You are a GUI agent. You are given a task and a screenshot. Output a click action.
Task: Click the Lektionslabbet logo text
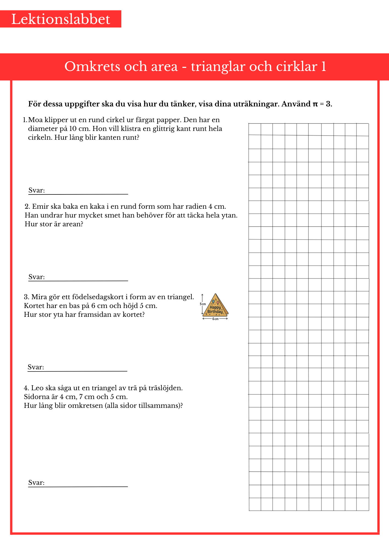(61, 19)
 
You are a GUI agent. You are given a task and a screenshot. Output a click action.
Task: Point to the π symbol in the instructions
(315, 104)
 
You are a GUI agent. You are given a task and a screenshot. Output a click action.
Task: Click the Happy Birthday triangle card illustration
(215, 305)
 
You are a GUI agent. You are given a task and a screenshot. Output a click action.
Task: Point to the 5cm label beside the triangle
(203, 304)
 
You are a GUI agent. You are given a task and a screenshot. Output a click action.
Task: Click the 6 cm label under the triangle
(215, 319)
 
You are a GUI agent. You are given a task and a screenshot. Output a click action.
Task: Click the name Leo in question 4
(37, 388)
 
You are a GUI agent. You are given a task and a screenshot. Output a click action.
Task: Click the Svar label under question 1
(37, 191)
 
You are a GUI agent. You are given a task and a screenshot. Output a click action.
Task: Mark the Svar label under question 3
(36, 367)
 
